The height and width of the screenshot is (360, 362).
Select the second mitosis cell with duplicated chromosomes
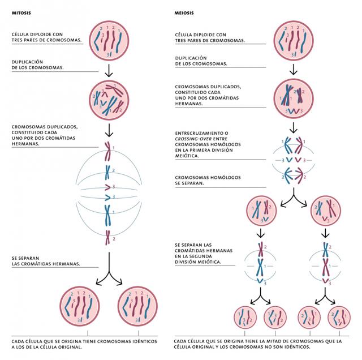[x=107, y=100]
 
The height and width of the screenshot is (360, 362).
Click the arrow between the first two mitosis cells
[x=107, y=70]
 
